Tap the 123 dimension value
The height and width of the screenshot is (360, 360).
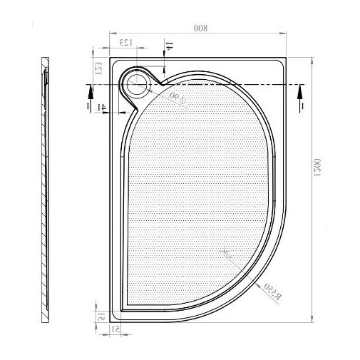point(125,43)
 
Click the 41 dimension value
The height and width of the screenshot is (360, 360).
point(102,107)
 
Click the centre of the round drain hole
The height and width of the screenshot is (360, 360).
point(135,84)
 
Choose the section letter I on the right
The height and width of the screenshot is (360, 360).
point(302,105)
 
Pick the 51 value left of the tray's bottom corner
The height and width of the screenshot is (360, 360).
point(102,316)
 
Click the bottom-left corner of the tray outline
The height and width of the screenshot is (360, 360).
point(111,323)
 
